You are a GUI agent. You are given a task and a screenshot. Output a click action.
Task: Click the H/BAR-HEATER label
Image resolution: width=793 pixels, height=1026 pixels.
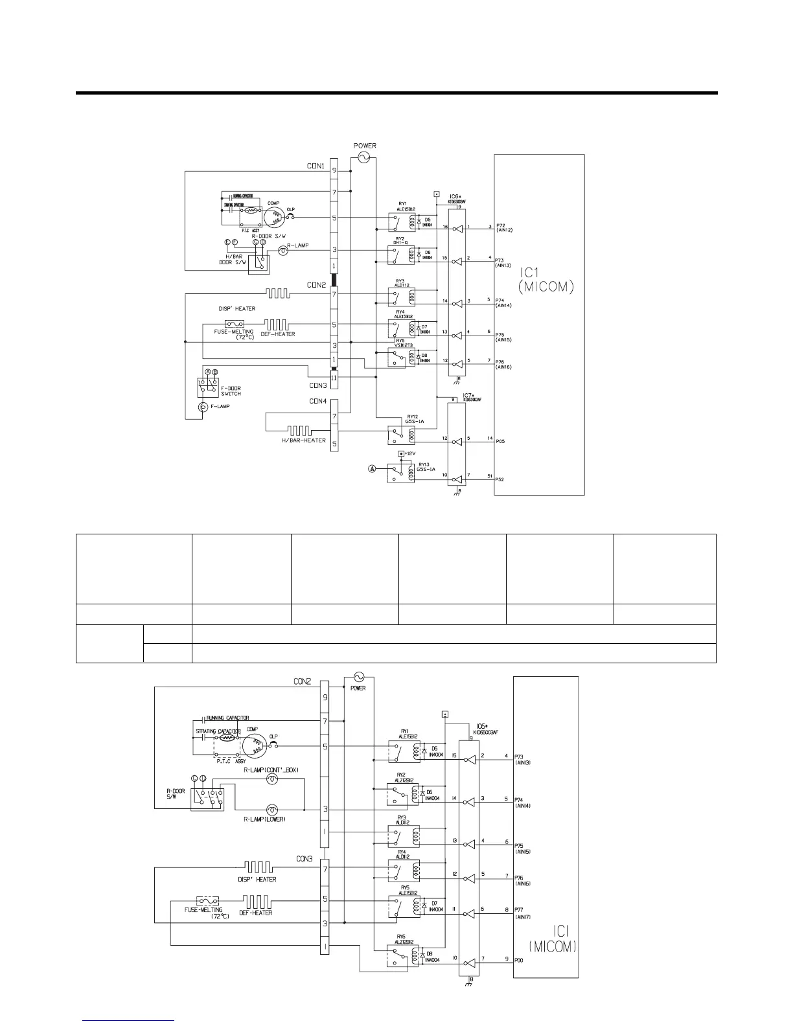tap(303, 440)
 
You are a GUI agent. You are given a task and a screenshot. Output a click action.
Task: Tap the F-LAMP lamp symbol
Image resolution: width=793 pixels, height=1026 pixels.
tap(202, 406)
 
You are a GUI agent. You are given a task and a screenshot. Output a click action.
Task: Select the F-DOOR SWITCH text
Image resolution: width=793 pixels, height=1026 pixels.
tap(230, 391)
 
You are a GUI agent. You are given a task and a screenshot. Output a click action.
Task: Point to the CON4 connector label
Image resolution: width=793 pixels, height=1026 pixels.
tap(318, 401)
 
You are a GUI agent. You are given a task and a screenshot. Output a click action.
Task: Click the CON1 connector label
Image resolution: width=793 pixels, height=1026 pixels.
tap(316, 166)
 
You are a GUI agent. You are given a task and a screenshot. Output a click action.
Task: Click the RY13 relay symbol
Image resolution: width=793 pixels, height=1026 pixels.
tap(396, 472)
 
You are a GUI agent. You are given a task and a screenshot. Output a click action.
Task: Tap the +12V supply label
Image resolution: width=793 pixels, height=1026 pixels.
tap(409, 453)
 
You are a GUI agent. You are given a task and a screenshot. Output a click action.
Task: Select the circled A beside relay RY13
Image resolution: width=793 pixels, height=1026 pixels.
tap(373, 470)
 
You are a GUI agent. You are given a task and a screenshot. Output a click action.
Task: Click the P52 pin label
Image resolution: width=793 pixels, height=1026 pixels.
tap(500, 480)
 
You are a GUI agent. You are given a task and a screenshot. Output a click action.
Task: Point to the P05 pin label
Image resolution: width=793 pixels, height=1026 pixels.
tap(500, 441)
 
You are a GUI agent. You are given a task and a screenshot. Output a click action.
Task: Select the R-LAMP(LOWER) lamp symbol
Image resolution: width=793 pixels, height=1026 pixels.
tap(273, 810)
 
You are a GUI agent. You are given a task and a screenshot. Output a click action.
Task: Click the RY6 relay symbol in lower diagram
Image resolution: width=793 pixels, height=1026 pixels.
tap(396, 957)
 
